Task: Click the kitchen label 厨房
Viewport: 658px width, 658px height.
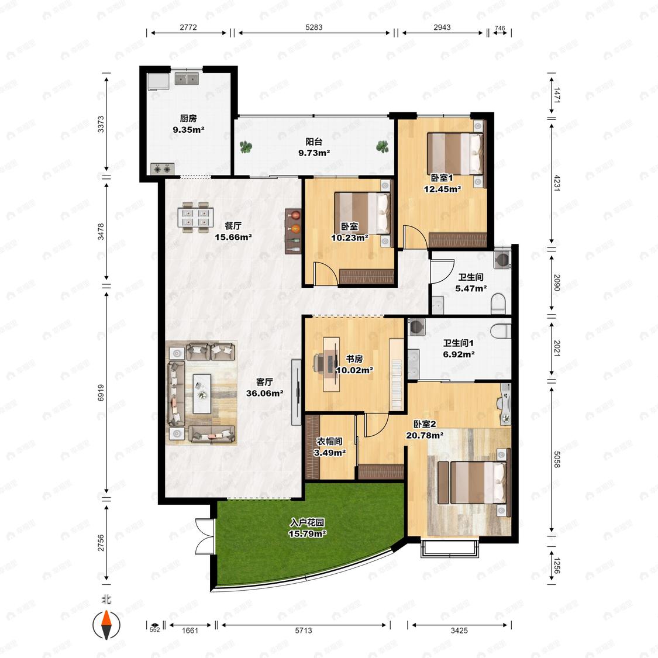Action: click(x=188, y=119)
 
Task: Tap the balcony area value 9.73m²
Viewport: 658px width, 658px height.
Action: click(x=314, y=153)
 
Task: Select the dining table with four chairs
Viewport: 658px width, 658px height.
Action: click(x=195, y=218)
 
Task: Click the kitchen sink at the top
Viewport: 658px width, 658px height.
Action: click(x=187, y=78)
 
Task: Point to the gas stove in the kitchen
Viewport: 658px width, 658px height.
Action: click(x=163, y=168)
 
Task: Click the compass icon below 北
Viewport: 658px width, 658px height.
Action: click(x=106, y=625)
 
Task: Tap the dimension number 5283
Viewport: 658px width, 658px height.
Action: click(x=314, y=27)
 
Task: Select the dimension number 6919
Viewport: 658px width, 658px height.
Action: click(x=101, y=393)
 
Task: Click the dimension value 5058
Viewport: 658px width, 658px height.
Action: click(x=557, y=460)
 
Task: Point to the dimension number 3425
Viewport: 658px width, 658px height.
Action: click(x=459, y=631)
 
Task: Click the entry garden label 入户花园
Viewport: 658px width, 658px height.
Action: click(x=307, y=523)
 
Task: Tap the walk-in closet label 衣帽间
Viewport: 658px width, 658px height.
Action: click(x=329, y=442)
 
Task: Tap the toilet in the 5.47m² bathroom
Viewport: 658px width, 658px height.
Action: click(x=498, y=304)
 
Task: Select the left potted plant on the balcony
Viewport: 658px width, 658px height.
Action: click(x=246, y=147)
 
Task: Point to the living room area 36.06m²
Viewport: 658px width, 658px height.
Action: click(x=264, y=393)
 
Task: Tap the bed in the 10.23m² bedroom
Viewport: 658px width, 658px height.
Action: click(x=363, y=213)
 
